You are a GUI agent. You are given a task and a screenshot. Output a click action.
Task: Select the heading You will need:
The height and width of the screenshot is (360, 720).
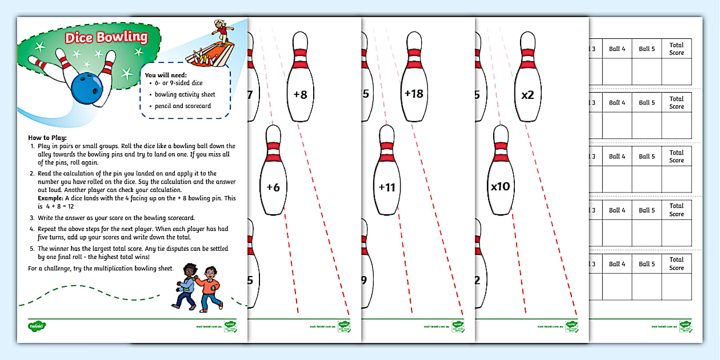pos(166,75)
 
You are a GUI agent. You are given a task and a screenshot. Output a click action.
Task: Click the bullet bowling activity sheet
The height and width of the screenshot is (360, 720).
pos(185,94)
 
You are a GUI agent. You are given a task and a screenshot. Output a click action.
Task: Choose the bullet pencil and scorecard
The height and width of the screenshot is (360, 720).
pos(182,106)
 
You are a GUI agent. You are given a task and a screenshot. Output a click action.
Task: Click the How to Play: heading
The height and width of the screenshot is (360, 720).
pos(47,138)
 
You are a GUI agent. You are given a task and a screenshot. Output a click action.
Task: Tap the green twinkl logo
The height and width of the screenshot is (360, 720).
pos(37,326)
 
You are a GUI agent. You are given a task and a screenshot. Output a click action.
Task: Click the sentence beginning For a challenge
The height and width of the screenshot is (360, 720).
pos(101,267)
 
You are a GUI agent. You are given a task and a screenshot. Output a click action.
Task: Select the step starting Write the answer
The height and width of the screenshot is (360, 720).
pos(111,218)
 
